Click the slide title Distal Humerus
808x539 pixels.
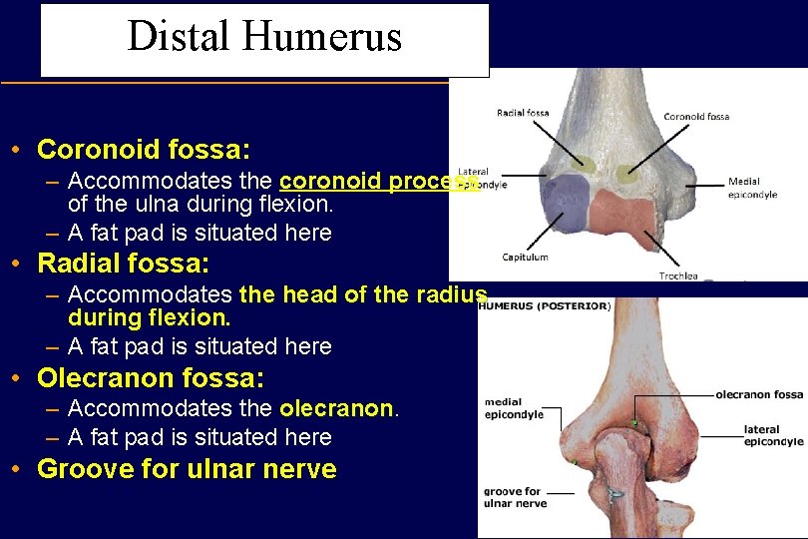click(264, 37)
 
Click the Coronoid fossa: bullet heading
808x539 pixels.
click(143, 150)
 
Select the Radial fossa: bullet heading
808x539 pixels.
click(123, 264)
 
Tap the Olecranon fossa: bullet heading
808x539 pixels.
click(150, 378)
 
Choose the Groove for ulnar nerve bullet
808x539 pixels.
click(187, 469)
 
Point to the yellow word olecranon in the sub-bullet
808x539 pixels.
click(337, 408)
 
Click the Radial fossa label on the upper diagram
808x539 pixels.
click(523, 113)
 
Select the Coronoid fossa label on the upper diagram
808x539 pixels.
click(696, 117)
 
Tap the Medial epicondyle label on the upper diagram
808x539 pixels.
click(752, 188)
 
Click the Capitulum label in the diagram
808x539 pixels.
click(525, 257)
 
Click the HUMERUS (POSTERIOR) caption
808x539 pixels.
click(545, 306)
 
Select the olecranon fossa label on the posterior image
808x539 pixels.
click(758, 394)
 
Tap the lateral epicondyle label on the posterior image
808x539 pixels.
click(773, 435)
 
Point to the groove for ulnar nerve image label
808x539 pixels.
click(515, 497)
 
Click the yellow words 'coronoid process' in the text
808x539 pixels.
click(377, 182)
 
